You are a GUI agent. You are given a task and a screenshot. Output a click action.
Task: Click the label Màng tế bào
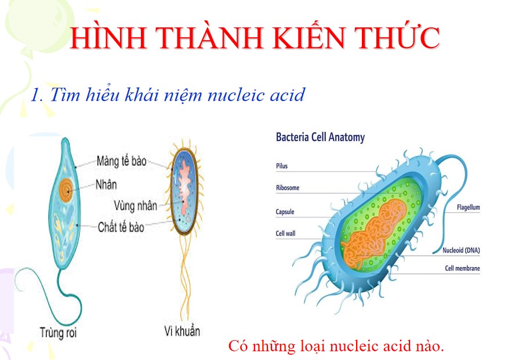tap(121, 161)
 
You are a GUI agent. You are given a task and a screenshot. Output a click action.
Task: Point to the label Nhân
tap(107, 184)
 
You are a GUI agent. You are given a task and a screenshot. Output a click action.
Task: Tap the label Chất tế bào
tap(121, 227)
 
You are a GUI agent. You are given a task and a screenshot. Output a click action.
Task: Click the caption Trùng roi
tap(59, 333)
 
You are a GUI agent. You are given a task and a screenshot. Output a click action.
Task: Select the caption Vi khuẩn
tap(182, 332)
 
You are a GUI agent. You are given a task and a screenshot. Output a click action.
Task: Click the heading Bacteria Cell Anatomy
tap(320, 137)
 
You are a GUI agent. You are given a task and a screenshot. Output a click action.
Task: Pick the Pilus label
tap(281, 166)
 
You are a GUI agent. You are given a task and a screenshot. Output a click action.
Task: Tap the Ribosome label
tap(288, 188)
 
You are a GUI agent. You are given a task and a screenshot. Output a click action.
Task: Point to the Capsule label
tap(285, 212)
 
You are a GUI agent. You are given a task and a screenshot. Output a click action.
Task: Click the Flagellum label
tap(468, 207)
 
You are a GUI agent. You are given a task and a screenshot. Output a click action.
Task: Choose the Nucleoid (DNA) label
tap(461, 250)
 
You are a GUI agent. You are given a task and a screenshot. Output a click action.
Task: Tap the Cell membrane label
tap(462, 268)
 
